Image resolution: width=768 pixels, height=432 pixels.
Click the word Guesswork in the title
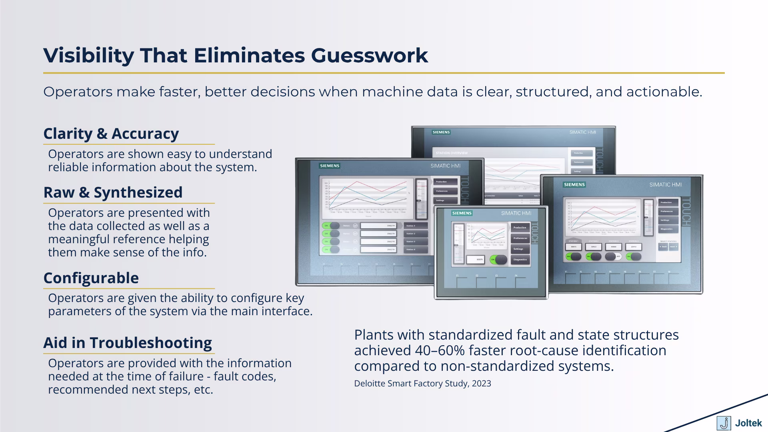369,55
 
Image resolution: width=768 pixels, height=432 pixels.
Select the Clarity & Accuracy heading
111,134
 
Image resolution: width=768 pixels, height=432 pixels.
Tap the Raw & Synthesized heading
113,192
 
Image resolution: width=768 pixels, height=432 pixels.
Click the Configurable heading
91,278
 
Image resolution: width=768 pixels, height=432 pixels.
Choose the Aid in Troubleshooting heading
128,343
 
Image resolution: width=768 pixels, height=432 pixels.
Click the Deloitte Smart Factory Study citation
422,383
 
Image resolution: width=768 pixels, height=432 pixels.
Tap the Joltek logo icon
723,423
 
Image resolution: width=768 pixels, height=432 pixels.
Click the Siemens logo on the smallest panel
462,213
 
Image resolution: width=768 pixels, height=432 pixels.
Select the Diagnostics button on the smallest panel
520,260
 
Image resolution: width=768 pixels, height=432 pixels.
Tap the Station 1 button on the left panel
415,226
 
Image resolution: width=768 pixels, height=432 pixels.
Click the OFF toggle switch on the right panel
613,256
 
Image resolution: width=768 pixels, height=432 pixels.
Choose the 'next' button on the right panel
673,247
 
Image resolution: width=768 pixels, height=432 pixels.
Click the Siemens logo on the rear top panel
441,132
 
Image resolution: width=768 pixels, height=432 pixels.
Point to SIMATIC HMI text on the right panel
665,184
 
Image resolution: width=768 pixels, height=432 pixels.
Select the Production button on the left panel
446,182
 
